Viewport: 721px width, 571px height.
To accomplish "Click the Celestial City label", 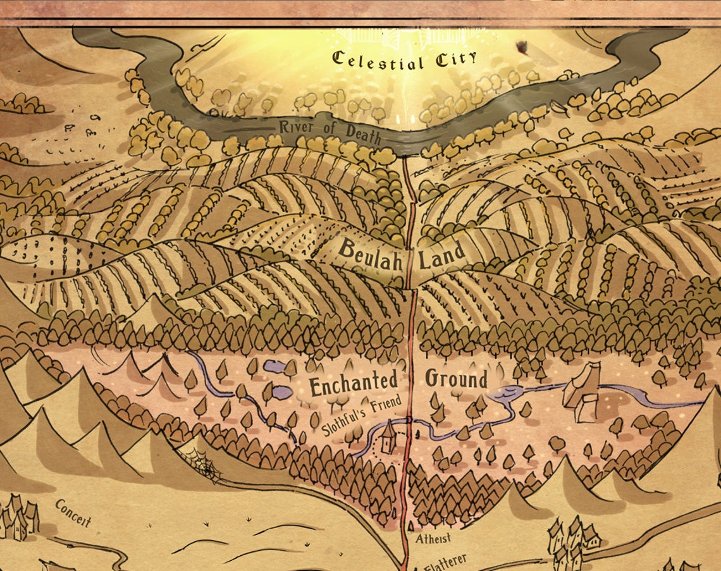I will (404, 61).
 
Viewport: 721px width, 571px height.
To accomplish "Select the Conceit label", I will (73, 512).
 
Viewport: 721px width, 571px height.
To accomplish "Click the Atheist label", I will (433, 539).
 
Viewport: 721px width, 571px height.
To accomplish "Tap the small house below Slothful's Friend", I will (388, 436).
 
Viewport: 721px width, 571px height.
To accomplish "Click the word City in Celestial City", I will (455, 61).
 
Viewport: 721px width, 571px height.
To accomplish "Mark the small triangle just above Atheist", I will (410, 525).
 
